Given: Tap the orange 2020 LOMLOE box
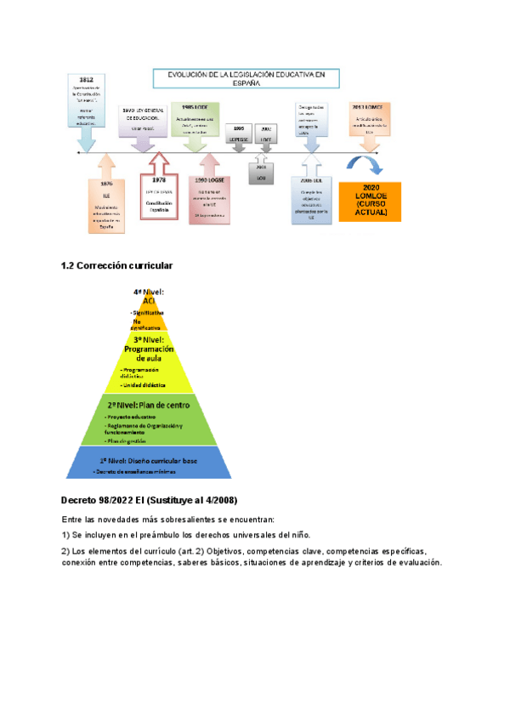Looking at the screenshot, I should coord(369,201).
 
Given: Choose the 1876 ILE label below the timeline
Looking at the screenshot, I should coord(106,185).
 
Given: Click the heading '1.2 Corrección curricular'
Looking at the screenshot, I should coord(117,266).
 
